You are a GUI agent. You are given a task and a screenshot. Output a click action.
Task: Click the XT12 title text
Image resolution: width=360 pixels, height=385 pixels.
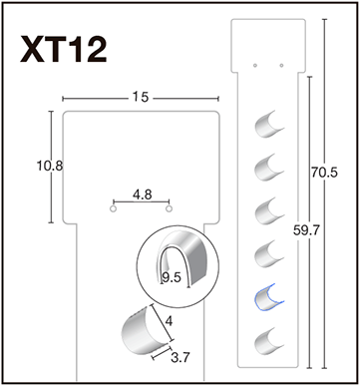64,49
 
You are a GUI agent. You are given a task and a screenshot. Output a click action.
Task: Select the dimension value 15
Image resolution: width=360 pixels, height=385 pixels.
141,97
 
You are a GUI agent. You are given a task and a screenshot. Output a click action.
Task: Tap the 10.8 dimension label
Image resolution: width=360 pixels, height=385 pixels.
50,166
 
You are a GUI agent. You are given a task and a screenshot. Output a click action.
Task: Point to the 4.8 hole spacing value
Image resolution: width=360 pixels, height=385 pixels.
143,194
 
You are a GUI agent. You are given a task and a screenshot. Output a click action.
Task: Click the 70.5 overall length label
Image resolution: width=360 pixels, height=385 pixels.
324,173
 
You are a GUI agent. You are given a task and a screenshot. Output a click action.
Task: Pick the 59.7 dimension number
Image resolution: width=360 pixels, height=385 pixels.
306,230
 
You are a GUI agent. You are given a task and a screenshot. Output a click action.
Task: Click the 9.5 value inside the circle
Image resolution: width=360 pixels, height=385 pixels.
172,277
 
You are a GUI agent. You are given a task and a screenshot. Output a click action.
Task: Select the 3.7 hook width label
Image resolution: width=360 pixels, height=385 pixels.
180,358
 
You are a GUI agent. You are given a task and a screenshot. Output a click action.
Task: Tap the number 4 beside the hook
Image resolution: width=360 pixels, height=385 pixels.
169,321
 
